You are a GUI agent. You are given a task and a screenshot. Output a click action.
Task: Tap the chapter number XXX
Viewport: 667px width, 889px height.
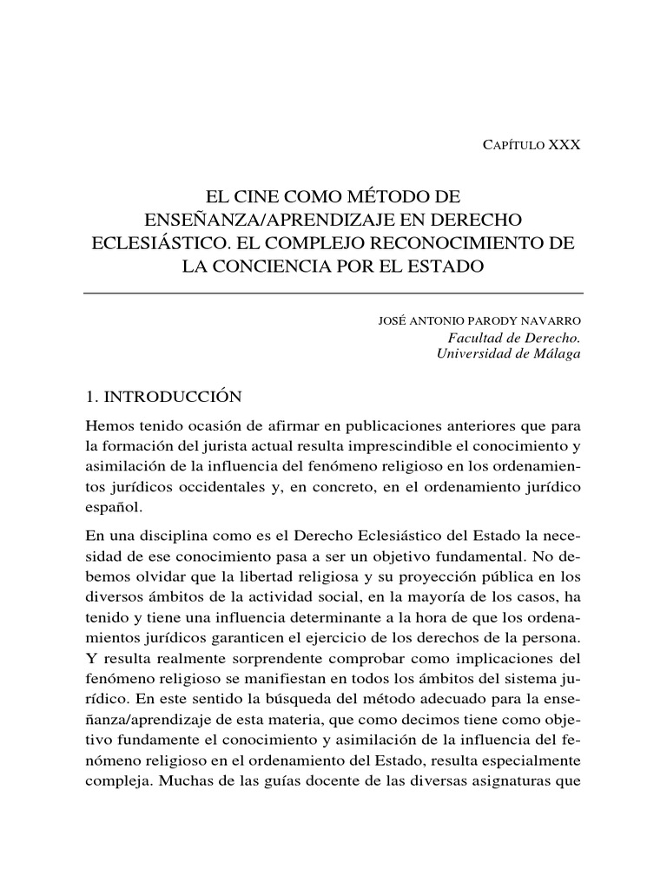564,145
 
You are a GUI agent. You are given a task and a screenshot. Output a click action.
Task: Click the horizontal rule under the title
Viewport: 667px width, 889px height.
333,293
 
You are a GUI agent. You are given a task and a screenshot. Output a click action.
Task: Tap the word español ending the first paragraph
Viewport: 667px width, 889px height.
112,508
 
